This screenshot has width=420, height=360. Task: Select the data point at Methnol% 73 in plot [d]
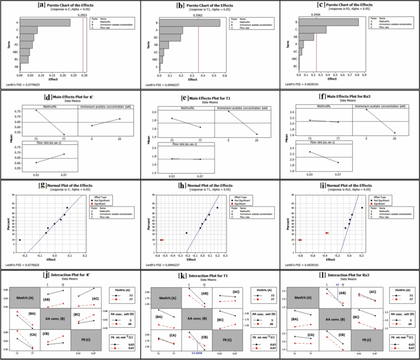tap(37, 110)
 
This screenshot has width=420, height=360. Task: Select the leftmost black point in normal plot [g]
tap(20, 240)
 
